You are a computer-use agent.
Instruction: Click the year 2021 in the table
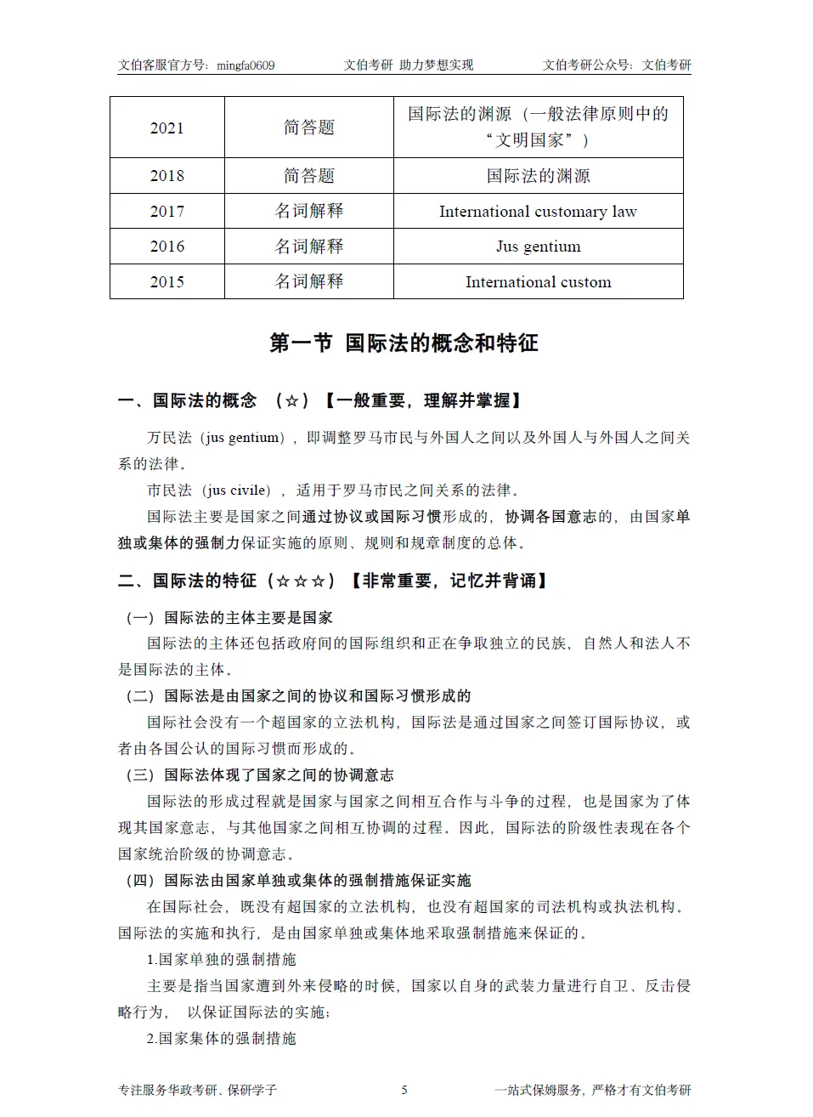167,128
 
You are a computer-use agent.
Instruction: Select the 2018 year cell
167,176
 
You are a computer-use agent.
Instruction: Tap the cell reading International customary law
538,211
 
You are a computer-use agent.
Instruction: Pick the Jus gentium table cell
538,247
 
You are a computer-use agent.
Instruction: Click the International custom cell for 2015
538,282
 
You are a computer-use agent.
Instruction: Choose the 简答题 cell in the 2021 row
309,128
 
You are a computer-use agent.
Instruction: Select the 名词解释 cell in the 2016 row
309,247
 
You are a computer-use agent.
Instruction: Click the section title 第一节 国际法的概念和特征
404,343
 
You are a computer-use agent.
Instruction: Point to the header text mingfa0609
246,65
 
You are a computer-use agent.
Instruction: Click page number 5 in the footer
404,1090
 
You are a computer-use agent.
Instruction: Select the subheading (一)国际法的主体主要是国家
229,618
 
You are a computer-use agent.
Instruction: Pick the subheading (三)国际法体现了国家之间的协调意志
260,775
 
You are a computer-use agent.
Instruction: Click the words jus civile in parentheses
237,490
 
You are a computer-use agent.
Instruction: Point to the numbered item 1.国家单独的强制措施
221,960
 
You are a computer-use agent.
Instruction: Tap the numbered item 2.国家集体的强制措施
221,1039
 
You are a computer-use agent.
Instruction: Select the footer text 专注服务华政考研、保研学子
197,1090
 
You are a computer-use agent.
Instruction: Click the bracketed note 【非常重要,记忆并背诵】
448,581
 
